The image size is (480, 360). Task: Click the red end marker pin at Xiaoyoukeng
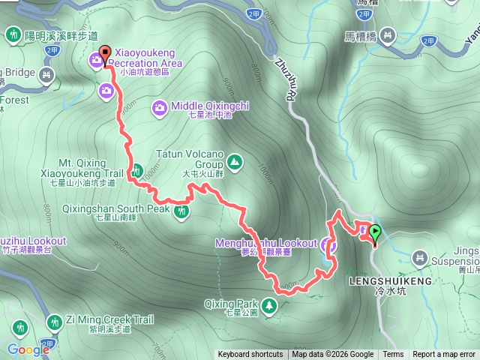(103, 52)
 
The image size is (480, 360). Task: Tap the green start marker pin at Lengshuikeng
(374, 234)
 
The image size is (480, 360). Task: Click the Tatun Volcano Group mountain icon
(235, 161)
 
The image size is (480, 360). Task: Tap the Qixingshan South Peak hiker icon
(181, 211)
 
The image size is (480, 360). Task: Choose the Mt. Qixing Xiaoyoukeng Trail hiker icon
(136, 172)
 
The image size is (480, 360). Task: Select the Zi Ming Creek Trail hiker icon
(54, 322)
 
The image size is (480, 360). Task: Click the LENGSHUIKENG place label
(391, 280)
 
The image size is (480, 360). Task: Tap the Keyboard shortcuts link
(250, 355)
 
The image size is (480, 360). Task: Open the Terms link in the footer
(393, 355)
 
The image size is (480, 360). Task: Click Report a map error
(444, 355)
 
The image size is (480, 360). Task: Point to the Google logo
(28, 349)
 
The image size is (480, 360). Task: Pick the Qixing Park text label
(231, 304)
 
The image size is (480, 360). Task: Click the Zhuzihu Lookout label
(30, 241)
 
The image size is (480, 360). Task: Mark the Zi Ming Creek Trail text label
(109, 320)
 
